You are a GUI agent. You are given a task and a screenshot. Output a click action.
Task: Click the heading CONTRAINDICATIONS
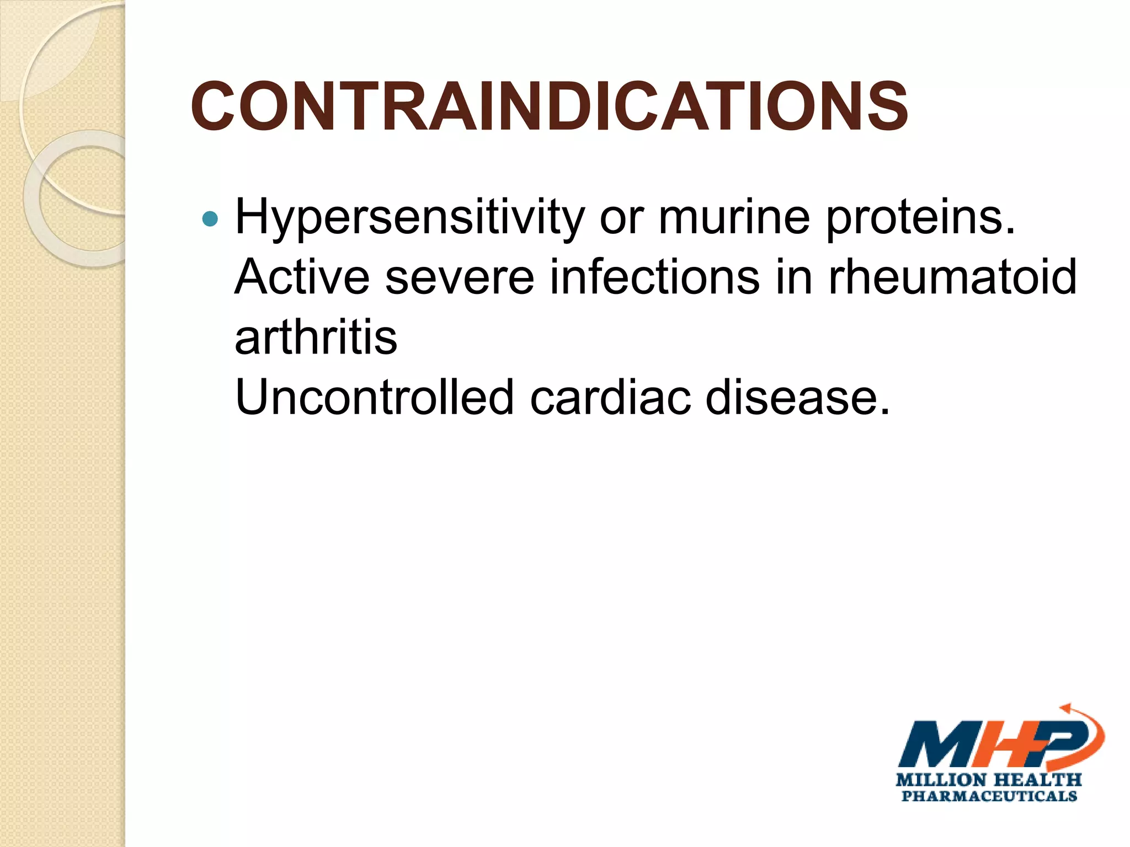coord(549,107)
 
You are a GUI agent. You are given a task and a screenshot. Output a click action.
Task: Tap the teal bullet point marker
coord(210,219)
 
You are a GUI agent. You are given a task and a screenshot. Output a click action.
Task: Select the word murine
coord(734,217)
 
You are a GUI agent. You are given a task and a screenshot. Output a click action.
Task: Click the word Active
coord(302,277)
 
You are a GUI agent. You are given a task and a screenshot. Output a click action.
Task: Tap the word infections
coord(654,277)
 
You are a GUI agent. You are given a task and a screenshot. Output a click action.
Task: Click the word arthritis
coord(316,337)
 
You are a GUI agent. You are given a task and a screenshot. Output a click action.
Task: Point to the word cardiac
coord(610,397)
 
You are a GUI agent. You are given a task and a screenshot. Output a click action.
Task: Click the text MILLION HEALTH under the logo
coord(988,780)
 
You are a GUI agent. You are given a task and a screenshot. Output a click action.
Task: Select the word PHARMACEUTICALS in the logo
coord(989,796)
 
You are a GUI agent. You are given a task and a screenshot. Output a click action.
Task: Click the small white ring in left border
coord(83,199)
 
